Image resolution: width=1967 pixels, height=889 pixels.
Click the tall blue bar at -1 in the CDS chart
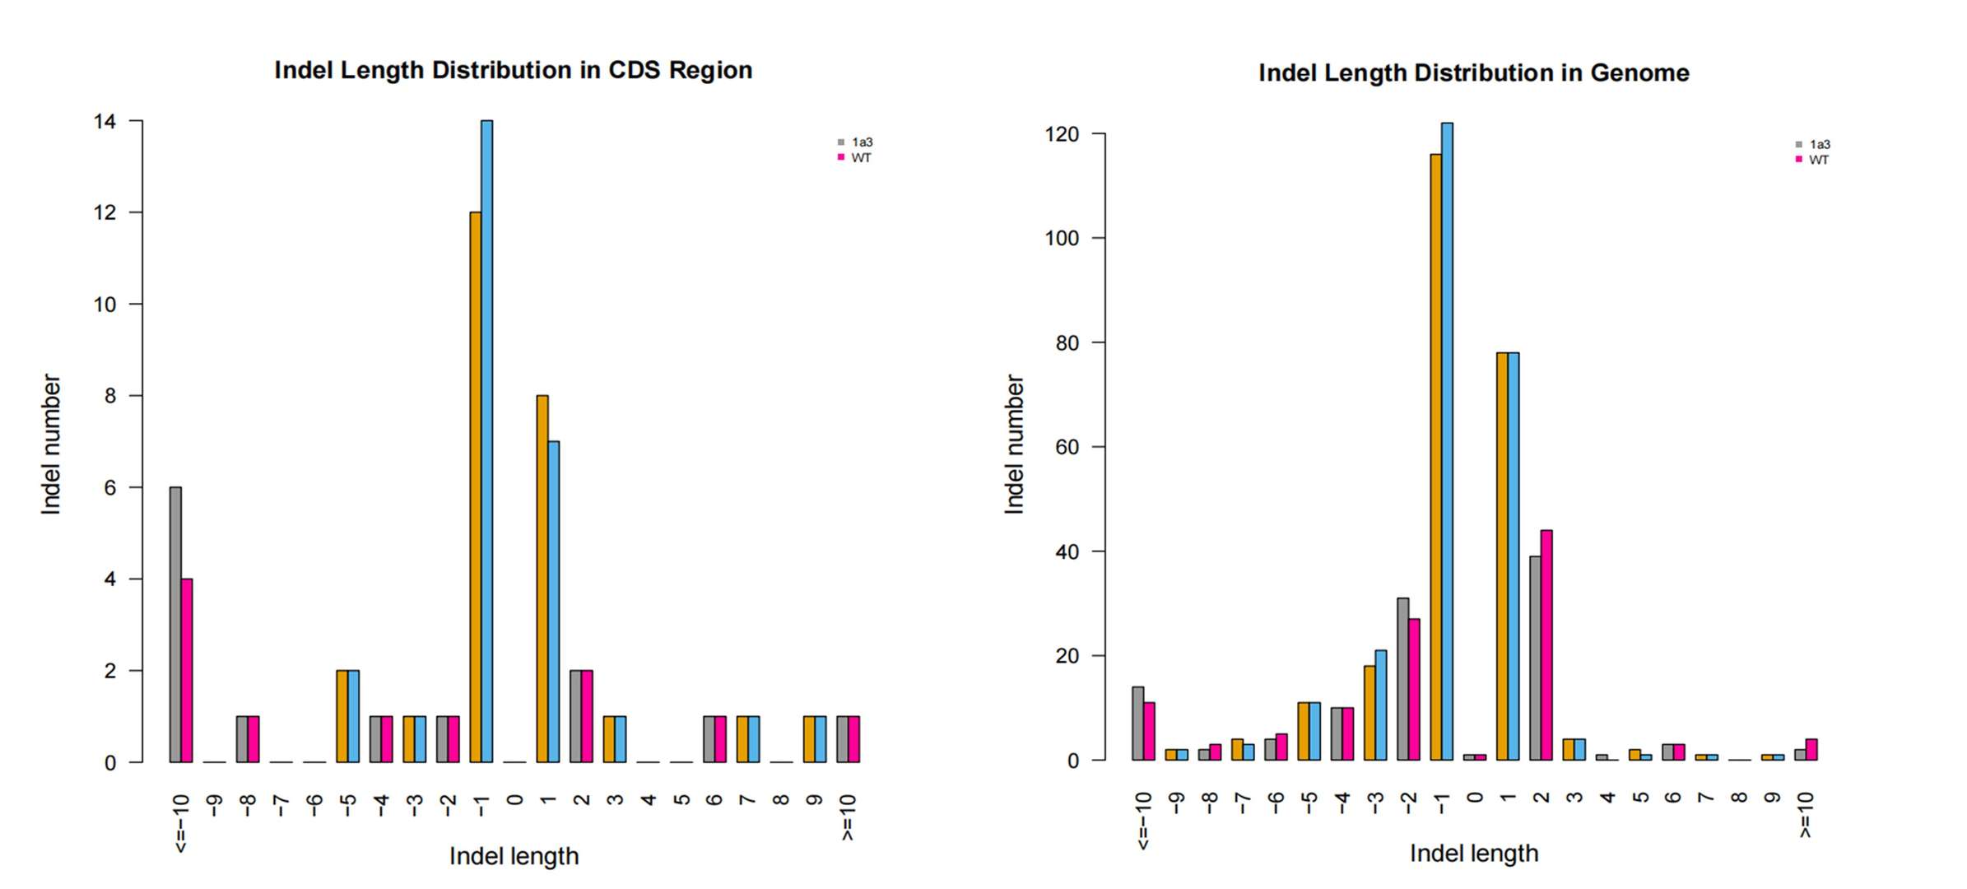[486, 441]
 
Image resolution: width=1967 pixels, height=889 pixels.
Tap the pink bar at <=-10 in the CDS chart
[187, 670]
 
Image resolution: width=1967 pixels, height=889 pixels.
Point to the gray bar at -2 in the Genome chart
[1402, 678]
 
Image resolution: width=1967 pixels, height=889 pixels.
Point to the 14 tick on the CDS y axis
[105, 122]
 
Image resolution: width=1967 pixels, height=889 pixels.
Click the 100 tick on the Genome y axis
[1062, 239]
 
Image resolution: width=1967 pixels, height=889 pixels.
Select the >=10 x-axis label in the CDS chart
[849, 817]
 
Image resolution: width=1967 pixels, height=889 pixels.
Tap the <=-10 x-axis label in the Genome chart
[1142, 820]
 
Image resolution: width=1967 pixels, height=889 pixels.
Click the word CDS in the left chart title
[634, 71]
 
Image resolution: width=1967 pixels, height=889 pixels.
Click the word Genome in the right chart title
[1639, 73]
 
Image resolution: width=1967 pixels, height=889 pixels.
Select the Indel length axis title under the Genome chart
[1473, 853]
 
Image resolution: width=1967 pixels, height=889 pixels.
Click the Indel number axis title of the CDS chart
[51, 444]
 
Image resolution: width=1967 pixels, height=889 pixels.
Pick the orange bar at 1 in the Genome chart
[1502, 556]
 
